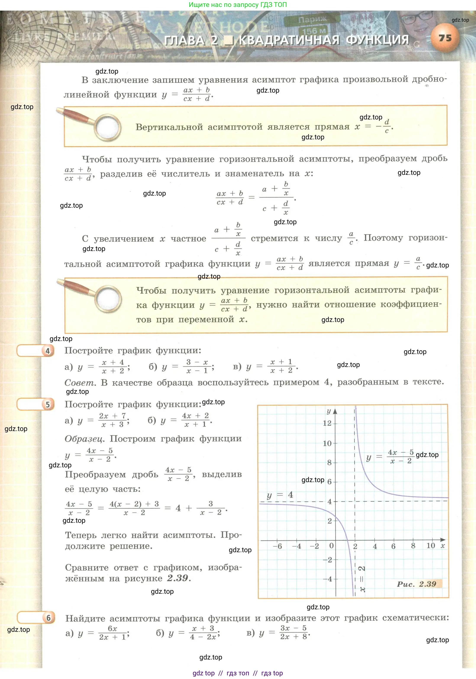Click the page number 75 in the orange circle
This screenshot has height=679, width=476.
coord(445,38)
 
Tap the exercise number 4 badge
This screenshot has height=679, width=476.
coord(48,351)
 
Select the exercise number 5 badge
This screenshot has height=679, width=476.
coord(48,405)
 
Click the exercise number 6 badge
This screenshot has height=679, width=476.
coord(48,618)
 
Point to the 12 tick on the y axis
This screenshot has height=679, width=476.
coord(327,423)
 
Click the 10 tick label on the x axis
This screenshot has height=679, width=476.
coord(431,546)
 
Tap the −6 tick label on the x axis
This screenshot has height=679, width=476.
coord(277,546)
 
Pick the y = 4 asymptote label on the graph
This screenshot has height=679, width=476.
coord(280,495)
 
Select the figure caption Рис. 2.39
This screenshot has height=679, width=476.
coord(416,584)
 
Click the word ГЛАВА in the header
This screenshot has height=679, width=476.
coord(184,40)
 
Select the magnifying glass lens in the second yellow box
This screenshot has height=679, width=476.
coord(108,298)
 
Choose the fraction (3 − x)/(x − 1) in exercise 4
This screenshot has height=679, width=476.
coord(197,366)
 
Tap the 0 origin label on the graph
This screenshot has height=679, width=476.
coord(331,546)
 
